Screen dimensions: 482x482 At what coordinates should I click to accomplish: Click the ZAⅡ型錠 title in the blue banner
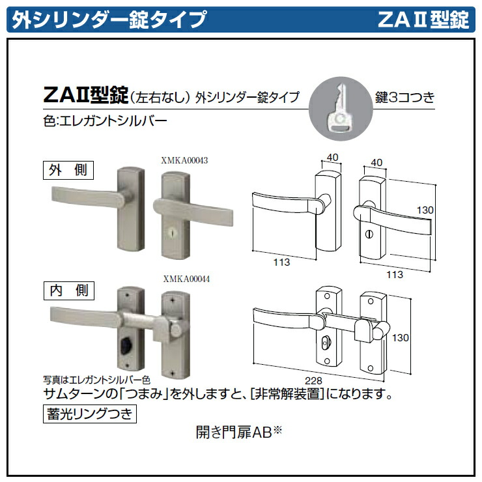(423, 20)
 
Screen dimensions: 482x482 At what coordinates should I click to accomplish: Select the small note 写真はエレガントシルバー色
(97, 378)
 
